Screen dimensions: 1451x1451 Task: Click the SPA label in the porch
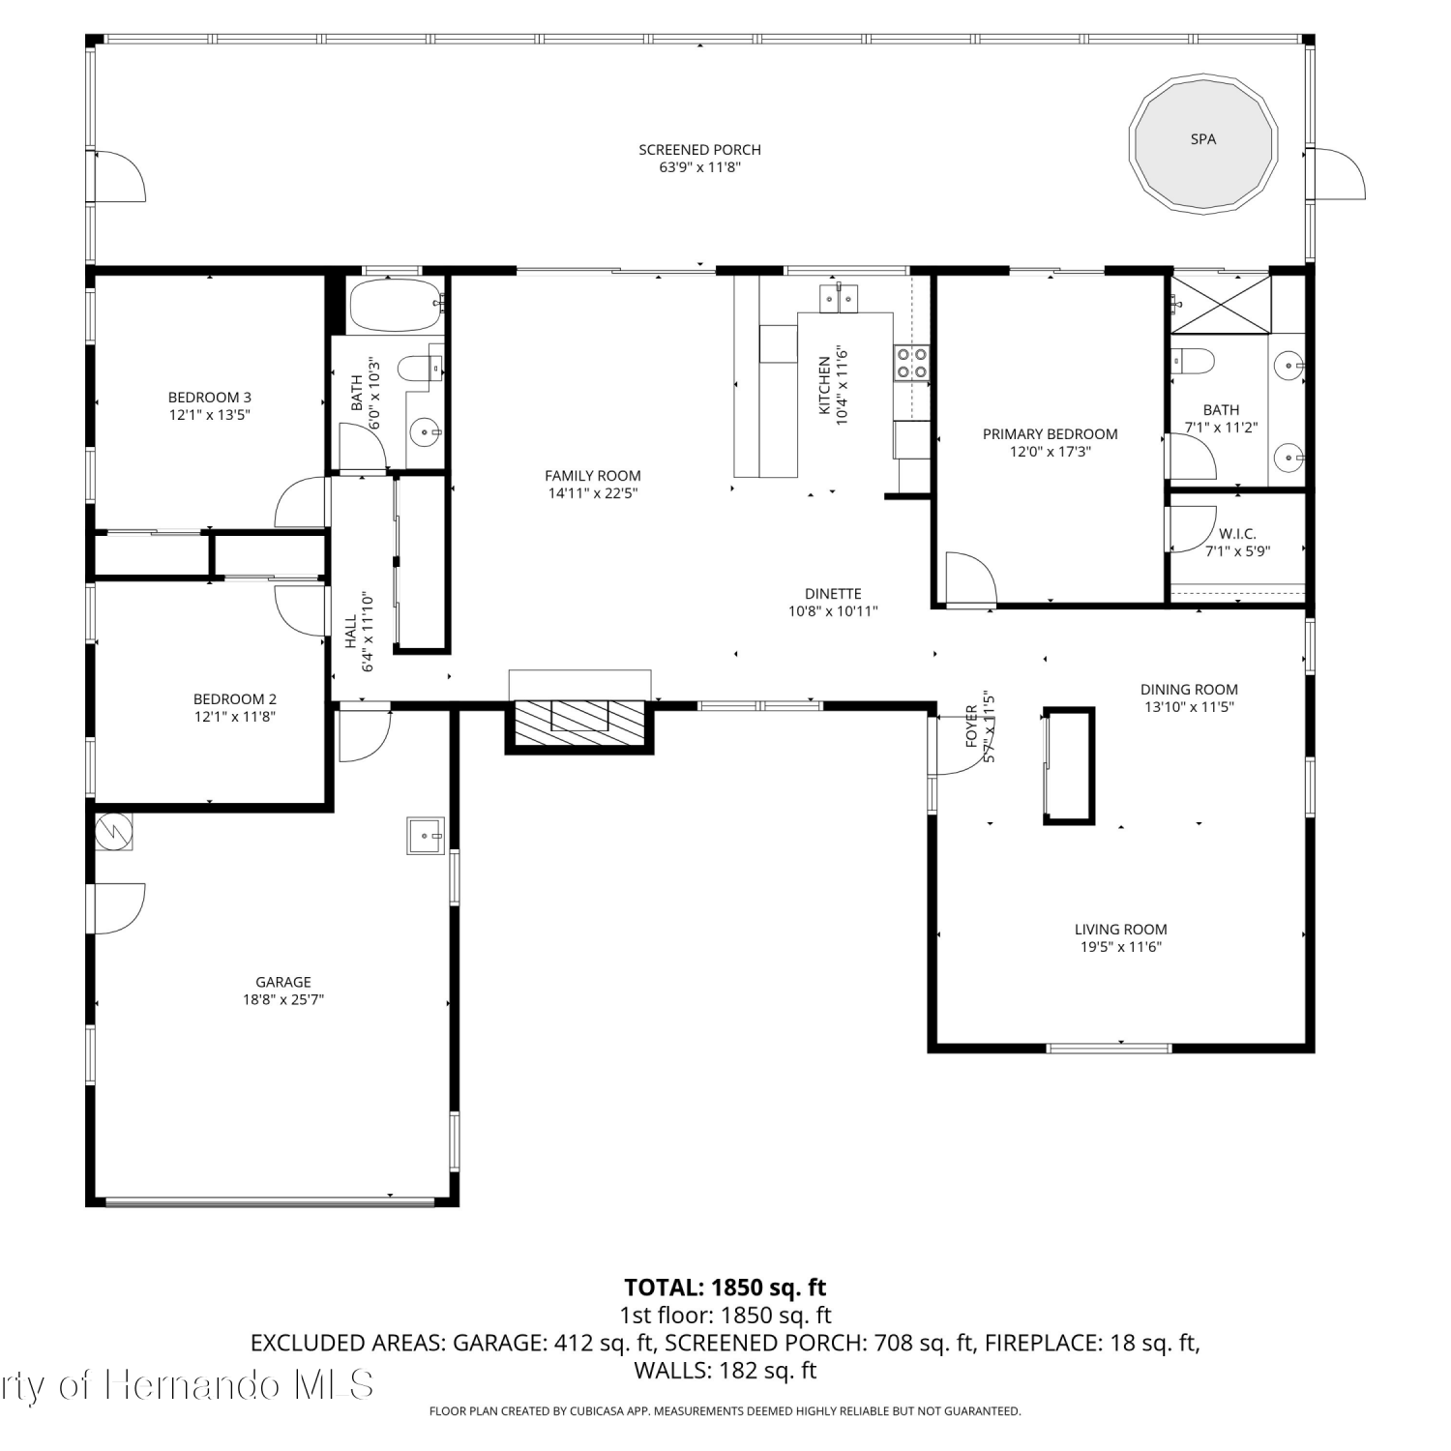pos(1202,139)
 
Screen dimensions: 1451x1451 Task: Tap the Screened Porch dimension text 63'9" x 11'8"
pos(699,167)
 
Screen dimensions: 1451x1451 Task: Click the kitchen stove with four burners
pos(911,361)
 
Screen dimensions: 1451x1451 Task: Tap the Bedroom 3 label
pos(210,398)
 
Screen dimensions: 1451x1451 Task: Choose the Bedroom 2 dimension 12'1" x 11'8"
pos(235,717)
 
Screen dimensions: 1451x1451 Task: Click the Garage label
pos(283,982)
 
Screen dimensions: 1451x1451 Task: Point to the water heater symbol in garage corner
pos(113,831)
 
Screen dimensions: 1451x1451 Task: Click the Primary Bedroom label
pos(1051,434)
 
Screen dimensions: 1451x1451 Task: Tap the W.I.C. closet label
pos(1237,534)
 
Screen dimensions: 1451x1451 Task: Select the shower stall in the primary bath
pos(1221,304)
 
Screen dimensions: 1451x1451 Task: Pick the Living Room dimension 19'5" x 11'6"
pos(1121,947)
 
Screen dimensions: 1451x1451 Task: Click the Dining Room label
pos(1189,690)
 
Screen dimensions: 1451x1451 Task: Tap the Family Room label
pos(593,476)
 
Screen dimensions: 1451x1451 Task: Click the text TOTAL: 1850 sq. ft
pos(725,1288)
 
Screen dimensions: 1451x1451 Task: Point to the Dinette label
pos(833,594)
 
